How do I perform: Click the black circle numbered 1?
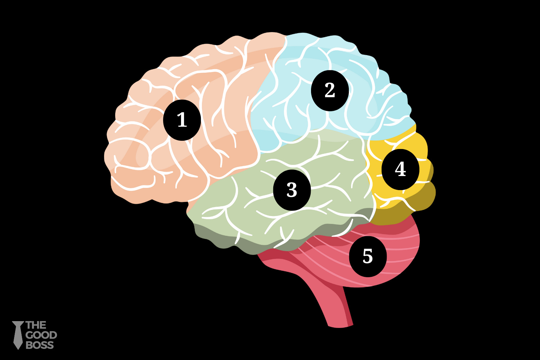[182, 120]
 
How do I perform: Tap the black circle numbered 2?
[330, 90]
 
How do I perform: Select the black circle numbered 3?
[292, 190]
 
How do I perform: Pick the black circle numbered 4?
[400, 169]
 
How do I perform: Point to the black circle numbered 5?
[368, 256]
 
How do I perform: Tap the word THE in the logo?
[36, 325]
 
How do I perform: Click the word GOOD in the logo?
[41, 335]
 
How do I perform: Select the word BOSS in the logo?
[40, 345]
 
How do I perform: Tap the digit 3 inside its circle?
[292, 190]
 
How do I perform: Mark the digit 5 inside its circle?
[368, 256]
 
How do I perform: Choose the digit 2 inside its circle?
[330, 90]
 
